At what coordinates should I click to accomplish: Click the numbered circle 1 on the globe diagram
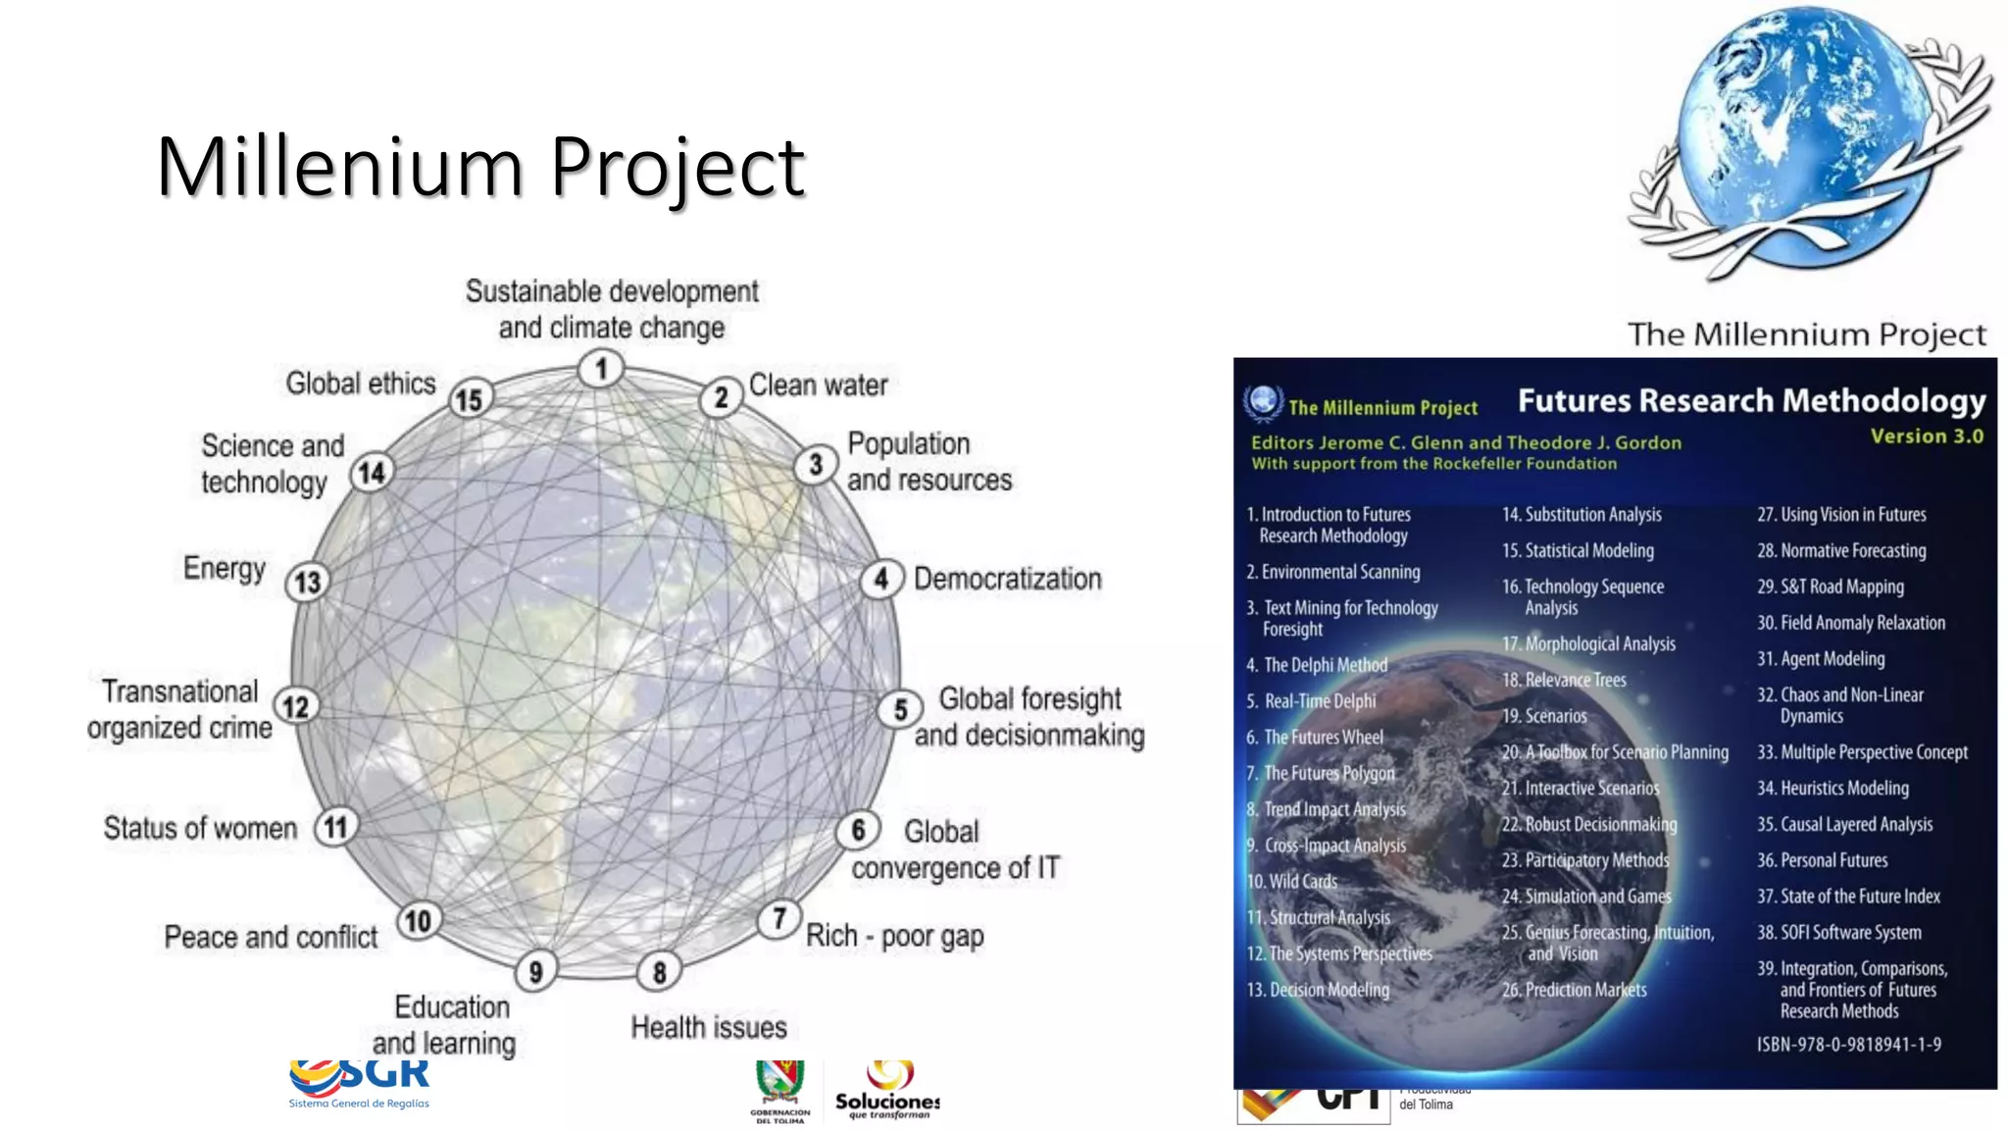[x=601, y=369]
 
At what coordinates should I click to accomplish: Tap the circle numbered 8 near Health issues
[x=660, y=972]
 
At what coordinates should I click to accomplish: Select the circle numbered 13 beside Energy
[x=307, y=583]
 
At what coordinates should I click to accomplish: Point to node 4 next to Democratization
[x=881, y=579]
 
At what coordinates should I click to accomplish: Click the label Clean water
[x=818, y=385]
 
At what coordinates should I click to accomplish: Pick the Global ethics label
[x=360, y=383]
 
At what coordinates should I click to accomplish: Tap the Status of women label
[x=200, y=829]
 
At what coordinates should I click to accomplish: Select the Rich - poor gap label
[x=894, y=937]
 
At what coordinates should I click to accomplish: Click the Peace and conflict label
[x=271, y=938]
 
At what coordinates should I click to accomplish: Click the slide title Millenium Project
[x=480, y=167]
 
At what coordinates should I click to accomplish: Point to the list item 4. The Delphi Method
[x=1316, y=665]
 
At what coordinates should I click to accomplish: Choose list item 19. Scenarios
[x=1544, y=716]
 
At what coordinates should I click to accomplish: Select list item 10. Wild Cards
[x=1292, y=881]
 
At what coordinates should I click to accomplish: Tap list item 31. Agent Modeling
[x=1821, y=659]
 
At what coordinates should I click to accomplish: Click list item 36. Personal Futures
[x=1822, y=860]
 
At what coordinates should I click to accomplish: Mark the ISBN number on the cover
[x=1848, y=1045]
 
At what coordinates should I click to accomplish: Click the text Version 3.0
[x=1926, y=437]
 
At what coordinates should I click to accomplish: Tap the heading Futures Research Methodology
[x=1751, y=401]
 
